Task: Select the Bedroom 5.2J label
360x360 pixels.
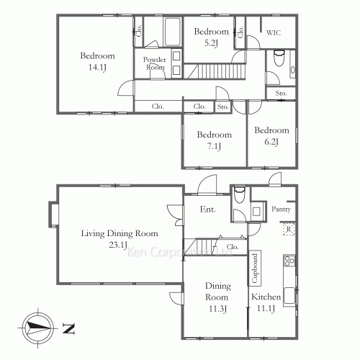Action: [x=212, y=37]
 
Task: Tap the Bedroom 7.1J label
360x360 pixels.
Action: [x=215, y=140]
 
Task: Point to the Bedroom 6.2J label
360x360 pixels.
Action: [x=271, y=136]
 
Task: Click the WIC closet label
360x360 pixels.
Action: [x=274, y=32]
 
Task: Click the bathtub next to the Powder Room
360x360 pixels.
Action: [x=174, y=32]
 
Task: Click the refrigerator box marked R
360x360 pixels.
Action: [x=288, y=230]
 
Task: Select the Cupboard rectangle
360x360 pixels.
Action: [x=254, y=269]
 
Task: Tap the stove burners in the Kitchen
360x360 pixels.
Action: [x=289, y=261]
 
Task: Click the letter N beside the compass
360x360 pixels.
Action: [x=69, y=330]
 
